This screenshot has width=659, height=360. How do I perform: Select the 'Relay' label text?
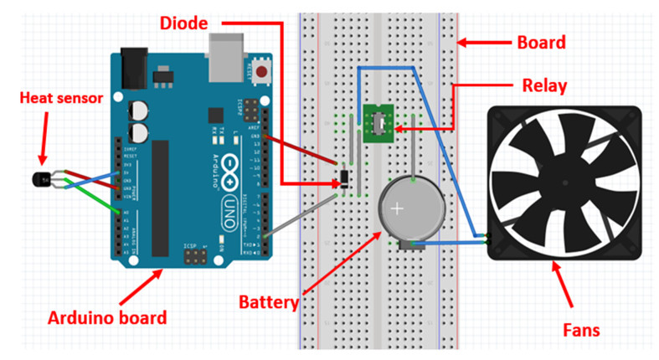pos(543,85)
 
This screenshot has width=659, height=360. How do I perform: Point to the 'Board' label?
pos(542,42)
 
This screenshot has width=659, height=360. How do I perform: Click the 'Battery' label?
pos(268,300)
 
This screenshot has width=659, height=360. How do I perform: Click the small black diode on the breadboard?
pos(342,177)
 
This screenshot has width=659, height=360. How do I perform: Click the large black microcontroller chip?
pos(159,198)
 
